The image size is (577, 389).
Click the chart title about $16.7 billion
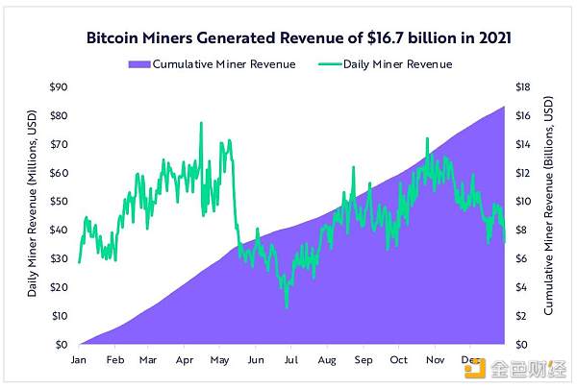[288, 39]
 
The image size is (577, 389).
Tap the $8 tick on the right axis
[521, 231]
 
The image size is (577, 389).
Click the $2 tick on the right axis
[521, 316]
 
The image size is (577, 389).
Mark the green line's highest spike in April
[201, 123]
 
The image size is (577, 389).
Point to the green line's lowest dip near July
[286, 307]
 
